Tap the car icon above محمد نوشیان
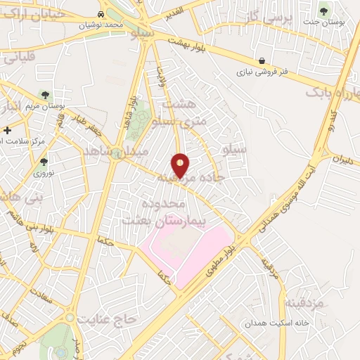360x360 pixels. [x=103, y=14]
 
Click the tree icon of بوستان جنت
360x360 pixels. [x=324, y=10]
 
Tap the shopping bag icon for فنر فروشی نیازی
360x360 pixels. [x=262, y=60]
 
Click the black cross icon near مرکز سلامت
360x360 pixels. [x=7, y=130]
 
